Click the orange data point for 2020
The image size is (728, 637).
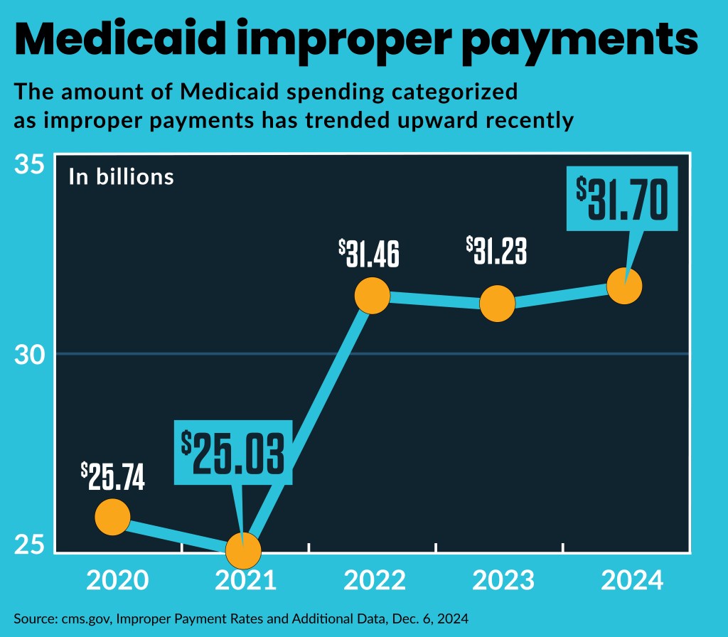pyautogui.click(x=112, y=516)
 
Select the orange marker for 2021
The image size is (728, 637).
pyautogui.click(x=244, y=550)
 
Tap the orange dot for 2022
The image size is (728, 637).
pyautogui.click(x=372, y=296)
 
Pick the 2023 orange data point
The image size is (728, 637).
pyautogui.click(x=498, y=303)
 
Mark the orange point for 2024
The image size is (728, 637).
pyautogui.click(x=624, y=286)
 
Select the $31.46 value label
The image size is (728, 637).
pyautogui.click(x=369, y=253)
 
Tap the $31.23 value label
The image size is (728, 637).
pyautogui.click(x=497, y=250)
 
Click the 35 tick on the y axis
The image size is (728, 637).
pyautogui.click(x=30, y=166)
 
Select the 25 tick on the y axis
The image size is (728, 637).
pyautogui.click(x=30, y=545)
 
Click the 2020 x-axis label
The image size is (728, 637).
pyautogui.click(x=117, y=580)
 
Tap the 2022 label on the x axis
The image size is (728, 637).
pyautogui.click(x=375, y=580)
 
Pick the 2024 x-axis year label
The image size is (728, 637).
pyautogui.click(x=632, y=580)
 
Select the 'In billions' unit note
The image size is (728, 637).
pyautogui.click(x=121, y=176)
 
